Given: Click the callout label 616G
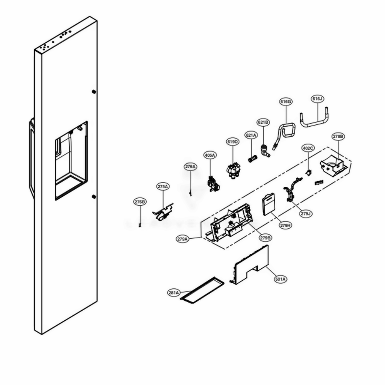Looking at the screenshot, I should pos(286,102).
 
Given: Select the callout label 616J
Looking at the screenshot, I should pos(318,99).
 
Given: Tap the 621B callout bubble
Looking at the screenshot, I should pos(263,122).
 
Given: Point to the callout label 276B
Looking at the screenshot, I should pos(140,202).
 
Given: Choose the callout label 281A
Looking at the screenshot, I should pos(174,293).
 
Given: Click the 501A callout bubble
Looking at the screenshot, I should pos(280,279).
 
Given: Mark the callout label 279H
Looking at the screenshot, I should pos(285,226).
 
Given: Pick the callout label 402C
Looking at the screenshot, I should pos(308,148).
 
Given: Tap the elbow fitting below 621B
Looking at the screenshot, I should pos(265,151).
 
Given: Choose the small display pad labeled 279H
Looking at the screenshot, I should pos(268,204).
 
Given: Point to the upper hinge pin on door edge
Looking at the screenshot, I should pos(94,92).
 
